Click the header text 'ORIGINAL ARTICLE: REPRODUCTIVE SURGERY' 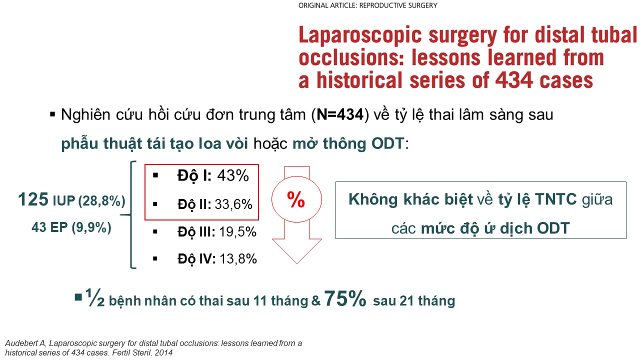point(367,5)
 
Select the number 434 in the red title point(514,80)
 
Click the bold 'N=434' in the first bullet point(340,114)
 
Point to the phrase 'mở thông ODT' point(348,143)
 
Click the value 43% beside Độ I point(233,175)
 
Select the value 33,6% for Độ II point(233,204)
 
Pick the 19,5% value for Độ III point(237,231)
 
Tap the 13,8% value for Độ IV point(238,259)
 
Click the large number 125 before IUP point(33,199)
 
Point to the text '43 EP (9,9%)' point(71,227)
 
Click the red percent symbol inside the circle point(296,199)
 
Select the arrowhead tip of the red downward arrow point(297,263)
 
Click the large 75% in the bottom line point(345,298)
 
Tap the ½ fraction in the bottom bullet point(95,297)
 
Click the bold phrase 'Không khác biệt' point(410,199)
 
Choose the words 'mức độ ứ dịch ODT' point(495,228)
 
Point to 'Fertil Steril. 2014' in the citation point(142,352)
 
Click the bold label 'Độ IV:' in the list point(196,259)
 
